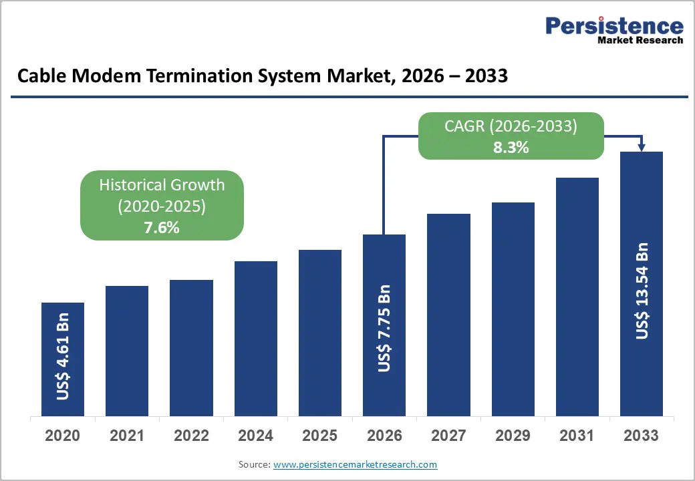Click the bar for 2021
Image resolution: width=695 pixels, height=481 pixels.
(127, 351)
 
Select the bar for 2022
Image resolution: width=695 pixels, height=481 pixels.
(191, 347)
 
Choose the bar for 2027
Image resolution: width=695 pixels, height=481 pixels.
(448, 315)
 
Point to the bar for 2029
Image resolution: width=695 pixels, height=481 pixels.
(513, 309)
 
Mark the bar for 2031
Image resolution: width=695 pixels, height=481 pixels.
(577, 297)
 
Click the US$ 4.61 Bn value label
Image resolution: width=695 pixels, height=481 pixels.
(63, 356)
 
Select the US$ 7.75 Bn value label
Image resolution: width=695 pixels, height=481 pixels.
(384, 328)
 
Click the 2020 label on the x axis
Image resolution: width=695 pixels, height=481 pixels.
(62, 436)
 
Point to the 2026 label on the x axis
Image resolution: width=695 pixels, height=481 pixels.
(384, 436)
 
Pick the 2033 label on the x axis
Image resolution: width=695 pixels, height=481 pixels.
(642, 436)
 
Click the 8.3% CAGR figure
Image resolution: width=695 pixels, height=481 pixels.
(511, 148)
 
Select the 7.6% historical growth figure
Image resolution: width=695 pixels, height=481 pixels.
(162, 228)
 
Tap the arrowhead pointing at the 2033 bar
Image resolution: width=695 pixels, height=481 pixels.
(642, 148)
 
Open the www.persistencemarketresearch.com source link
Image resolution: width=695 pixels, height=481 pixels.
(356, 464)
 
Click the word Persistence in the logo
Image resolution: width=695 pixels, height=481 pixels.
(614, 26)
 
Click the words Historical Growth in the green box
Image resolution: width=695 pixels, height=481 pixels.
(162, 185)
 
